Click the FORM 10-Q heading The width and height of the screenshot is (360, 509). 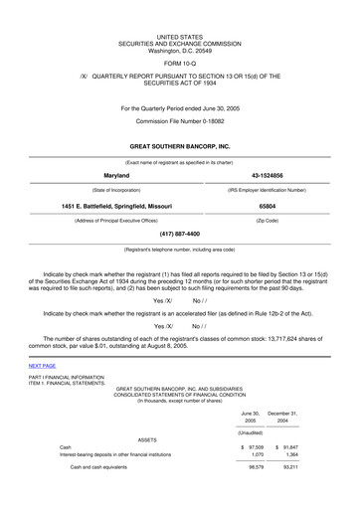coord(180,59)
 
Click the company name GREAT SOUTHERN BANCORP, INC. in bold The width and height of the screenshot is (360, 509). coord(180,145)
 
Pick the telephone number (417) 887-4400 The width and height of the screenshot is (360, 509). coord(179,235)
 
